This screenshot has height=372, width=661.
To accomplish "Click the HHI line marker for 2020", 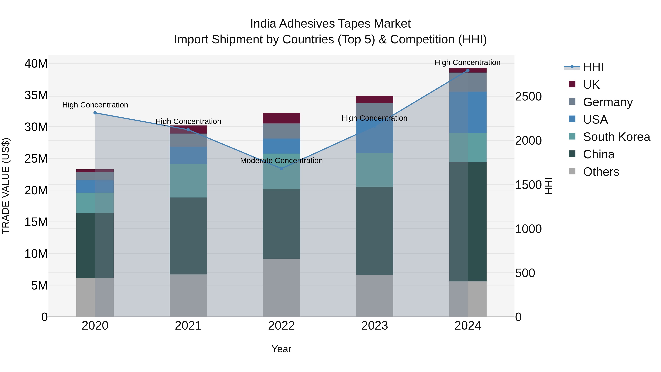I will point(95,113).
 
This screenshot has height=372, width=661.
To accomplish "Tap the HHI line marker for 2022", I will point(281,169).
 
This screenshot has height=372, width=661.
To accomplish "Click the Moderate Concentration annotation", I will point(281,161).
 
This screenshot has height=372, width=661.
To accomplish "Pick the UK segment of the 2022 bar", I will point(281,118).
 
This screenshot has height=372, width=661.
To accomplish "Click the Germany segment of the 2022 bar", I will point(281,131).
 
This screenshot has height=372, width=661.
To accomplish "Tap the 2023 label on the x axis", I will point(374,326).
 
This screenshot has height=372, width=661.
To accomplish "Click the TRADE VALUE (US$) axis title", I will point(6,186).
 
